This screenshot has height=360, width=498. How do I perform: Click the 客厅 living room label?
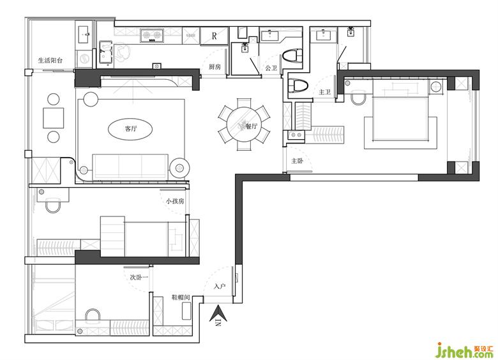[x=130, y=128]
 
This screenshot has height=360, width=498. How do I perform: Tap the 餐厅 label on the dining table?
[x=251, y=126]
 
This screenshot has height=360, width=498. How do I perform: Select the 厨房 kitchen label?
[x=215, y=67]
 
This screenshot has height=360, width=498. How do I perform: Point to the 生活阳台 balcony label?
[x=50, y=60]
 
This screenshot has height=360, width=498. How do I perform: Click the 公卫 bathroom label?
[x=271, y=68]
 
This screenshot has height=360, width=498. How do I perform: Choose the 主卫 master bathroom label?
[x=324, y=92]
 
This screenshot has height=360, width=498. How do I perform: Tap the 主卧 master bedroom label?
[x=298, y=161]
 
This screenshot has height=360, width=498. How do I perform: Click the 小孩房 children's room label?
[x=175, y=201]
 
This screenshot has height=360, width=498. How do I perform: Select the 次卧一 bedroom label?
[x=139, y=277]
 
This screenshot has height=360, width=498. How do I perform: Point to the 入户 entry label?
[x=220, y=286]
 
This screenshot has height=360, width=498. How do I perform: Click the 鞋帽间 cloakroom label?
[x=181, y=297]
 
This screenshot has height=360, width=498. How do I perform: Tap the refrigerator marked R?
[x=214, y=36]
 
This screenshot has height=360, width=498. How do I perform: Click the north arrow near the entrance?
[x=218, y=316]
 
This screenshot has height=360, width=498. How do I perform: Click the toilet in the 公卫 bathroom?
[x=291, y=57]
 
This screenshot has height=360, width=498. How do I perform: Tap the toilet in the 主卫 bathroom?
[x=298, y=86]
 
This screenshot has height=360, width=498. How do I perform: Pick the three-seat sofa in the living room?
[x=130, y=167]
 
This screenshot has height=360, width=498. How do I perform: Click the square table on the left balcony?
[x=54, y=118]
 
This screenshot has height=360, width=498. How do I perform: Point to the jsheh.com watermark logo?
[x=465, y=350]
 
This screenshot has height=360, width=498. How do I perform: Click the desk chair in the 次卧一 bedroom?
[x=93, y=314]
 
